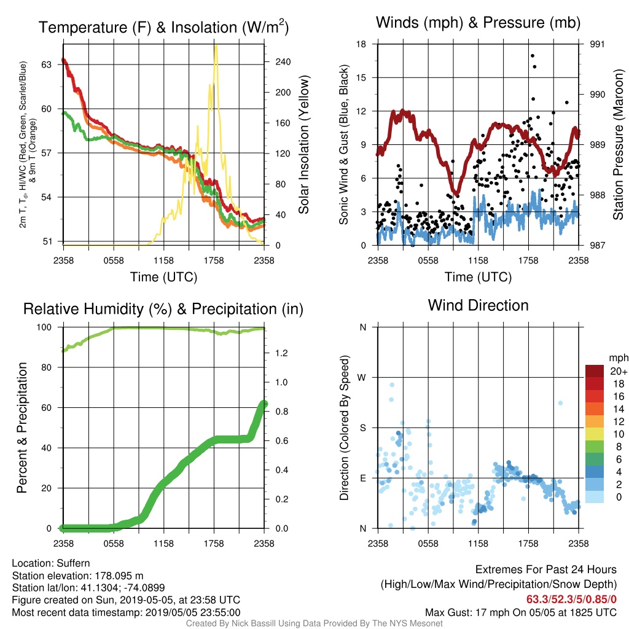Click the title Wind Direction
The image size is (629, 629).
[x=478, y=305]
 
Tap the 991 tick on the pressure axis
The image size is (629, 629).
[x=597, y=44]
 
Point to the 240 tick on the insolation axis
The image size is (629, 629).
[x=283, y=62]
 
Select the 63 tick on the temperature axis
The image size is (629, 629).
[x=47, y=64]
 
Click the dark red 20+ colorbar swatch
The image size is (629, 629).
[x=595, y=371]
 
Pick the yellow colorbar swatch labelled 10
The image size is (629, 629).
[x=595, y=434]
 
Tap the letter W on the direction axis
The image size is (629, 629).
[x=362, y=378]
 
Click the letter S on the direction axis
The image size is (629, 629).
[x=362, y=428]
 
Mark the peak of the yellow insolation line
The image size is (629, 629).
[x=216, y=46]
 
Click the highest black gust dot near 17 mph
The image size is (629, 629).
[x=533, y=56]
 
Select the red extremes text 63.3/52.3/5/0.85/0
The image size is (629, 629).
[x=571, y=600]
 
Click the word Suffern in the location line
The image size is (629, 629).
[x=74, y=563]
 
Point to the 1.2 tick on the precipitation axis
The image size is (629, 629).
[x=281, y=353]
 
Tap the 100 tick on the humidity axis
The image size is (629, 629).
[x=44, y=327]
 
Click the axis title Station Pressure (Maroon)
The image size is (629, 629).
[x=618, y=144]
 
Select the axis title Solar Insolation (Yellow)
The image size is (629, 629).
[x=303, y=144]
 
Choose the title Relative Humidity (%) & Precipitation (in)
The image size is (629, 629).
[x=163, y=310]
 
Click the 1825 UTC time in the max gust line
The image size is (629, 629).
[x=587, y=612]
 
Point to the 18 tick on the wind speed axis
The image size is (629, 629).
[x=361, y=44]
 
